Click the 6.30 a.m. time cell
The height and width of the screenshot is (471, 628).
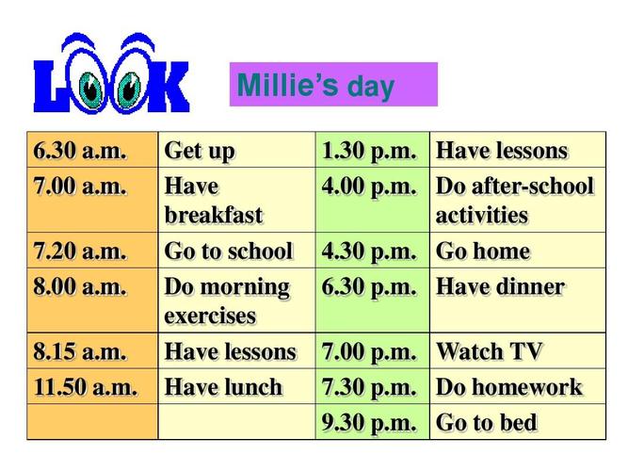click(x=92, y=150)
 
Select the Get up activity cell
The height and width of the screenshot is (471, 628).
click(x=236, y=150)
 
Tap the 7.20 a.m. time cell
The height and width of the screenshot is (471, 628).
click(x=92, y=251)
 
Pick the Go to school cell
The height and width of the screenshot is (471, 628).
click(x=236, y=251)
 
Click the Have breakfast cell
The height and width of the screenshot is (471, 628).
click(x=236, y=200)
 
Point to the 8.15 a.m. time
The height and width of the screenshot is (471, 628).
click(x=80, y=351)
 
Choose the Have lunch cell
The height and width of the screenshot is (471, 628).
click(x=236, y=386)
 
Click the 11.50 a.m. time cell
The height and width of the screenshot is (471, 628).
click(x=92, y=386)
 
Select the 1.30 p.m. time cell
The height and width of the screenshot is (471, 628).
click(x=373, y=150)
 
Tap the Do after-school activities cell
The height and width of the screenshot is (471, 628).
click(x=518, y=200)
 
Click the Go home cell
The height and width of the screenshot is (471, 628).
click(x=518, y=251)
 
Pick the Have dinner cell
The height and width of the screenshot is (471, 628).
click(x=518, y=300)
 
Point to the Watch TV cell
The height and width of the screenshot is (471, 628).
click(x=518, y=351)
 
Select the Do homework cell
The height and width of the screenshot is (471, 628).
click(x=518, y=386)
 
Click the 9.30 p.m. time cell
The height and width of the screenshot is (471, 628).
click(x=373, y=422)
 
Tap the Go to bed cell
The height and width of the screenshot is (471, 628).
click(x=518, y=422)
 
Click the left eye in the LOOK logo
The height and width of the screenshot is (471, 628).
click(x=90, y=89)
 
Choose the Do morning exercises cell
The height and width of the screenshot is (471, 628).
click(x=236, y=300)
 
